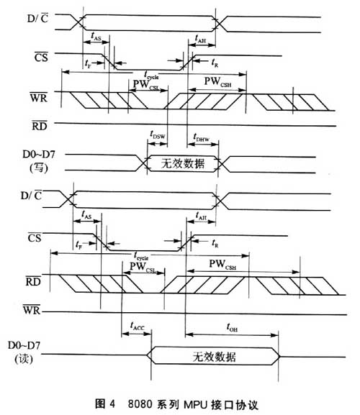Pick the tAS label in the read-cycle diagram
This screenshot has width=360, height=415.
84,214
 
